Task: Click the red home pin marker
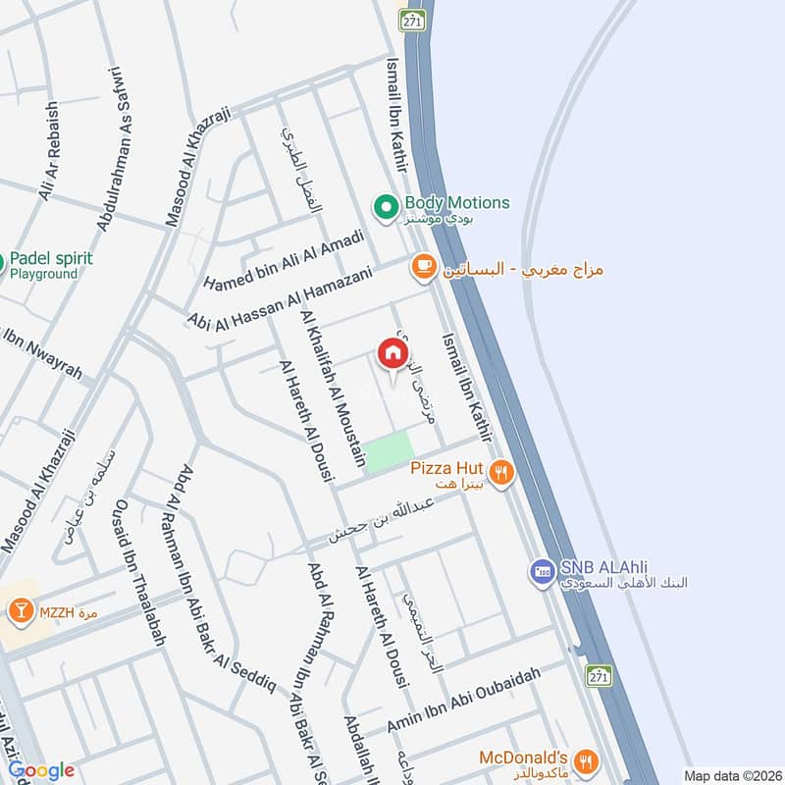392,353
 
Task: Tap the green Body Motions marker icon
387,206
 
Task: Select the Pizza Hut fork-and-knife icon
501,472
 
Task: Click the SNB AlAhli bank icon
541,569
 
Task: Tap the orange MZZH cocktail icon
19,612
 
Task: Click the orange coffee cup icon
423,267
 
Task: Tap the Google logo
41,770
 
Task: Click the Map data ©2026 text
731,775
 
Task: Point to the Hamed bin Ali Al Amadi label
284,260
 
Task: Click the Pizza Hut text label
447,469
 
